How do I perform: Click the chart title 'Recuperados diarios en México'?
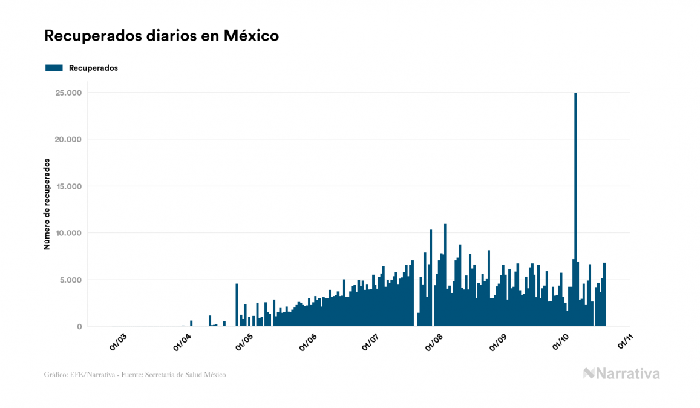(161, 36)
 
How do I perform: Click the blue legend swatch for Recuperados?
(54, 68)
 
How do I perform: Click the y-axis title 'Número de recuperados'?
(47, 204)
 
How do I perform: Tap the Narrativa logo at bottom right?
(621, 373)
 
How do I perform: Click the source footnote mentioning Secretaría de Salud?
(135, 375)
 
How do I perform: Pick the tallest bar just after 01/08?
(445, 275)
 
